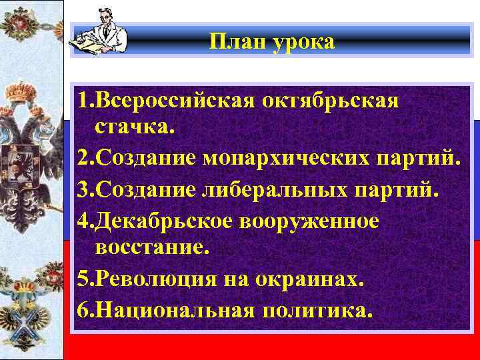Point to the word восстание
(153, 249)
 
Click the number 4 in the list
(82, 220)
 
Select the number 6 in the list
(82, 309)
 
